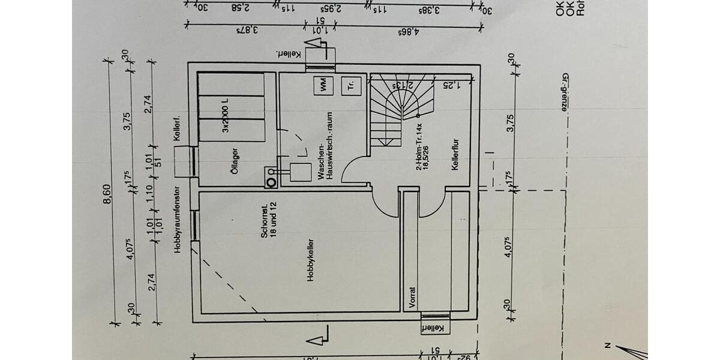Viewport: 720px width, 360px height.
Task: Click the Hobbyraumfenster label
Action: (178, 220)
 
